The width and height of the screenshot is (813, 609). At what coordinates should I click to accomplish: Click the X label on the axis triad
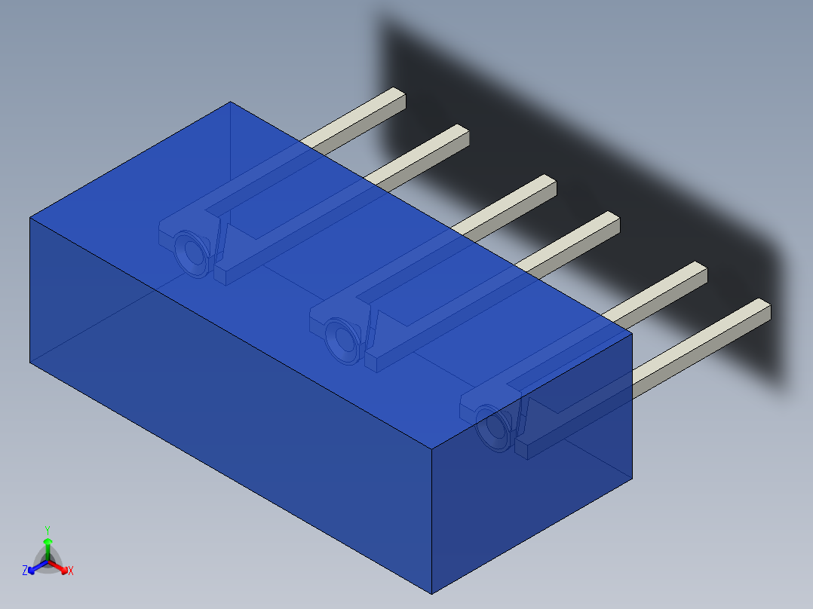click(x=71, y=571)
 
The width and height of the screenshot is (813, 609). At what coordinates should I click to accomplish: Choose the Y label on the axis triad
click(x=47, y=530)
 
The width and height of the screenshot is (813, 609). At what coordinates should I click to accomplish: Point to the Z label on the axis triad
click(x=25, y=571)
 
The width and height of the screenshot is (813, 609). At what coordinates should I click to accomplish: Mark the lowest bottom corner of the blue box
click(x=431, y=593)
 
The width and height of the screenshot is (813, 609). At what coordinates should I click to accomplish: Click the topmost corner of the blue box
click(x=230, y=103)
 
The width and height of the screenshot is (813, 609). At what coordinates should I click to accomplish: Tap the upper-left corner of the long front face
click(x=30, y=218)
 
